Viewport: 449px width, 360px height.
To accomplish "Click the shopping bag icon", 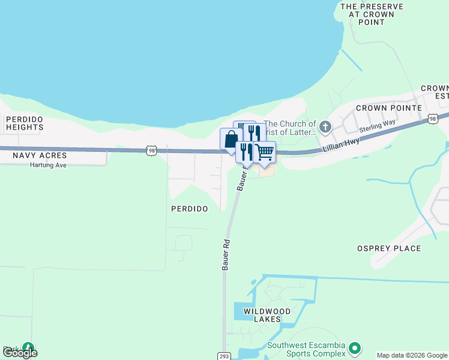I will tap(231, 140).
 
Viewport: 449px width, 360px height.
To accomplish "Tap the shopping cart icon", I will tap(264, 152).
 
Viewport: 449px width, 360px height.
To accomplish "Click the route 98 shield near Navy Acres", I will tap(152, 151).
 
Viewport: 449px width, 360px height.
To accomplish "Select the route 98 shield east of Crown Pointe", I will tap(432, 119).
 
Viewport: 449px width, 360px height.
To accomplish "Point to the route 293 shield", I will tap(223, 356).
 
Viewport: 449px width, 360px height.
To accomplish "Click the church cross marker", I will tap(325, 127).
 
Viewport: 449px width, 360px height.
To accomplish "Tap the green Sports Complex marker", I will tap(355, 348).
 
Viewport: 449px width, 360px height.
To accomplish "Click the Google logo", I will tap(20, 353).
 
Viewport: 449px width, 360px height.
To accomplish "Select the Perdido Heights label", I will tap(25, 123).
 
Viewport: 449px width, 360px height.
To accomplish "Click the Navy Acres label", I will tap(40, 155).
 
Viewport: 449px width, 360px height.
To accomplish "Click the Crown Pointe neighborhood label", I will tap(382, 108).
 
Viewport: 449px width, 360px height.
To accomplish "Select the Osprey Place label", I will tap(389, 248).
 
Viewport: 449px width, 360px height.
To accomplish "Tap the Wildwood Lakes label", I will tap(267, 315).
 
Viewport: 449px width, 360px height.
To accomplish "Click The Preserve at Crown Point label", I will tap(371, 14).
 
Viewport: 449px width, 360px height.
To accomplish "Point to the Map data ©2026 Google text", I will tap(412, 355).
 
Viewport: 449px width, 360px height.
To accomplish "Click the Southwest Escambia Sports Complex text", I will tap(307, 349).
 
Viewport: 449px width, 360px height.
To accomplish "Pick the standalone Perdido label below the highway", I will tap(189, 209).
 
